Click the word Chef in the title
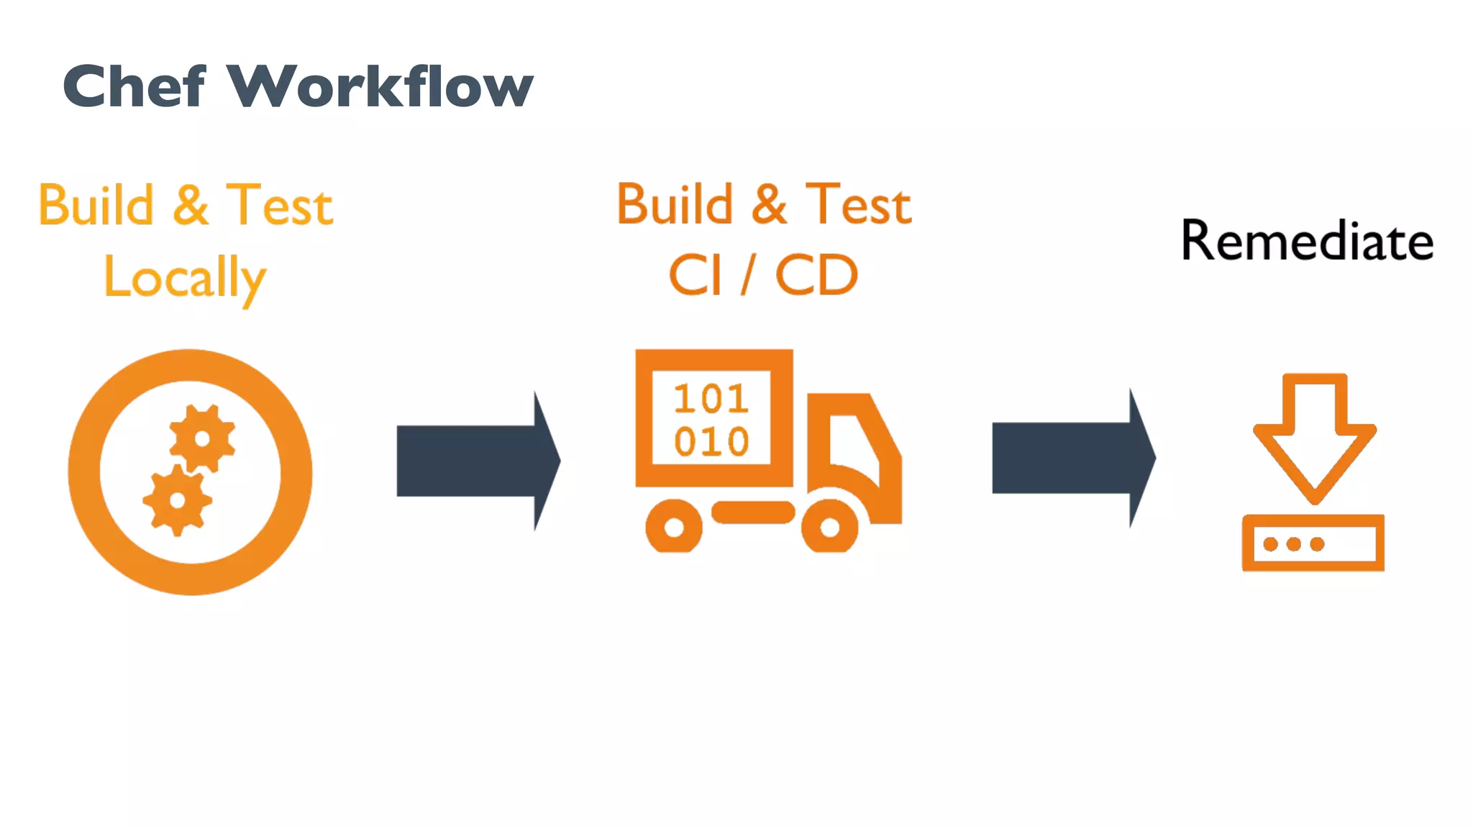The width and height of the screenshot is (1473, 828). pyautogui.click(x=134, y=86)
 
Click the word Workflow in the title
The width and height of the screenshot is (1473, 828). pyautogui.click(x=380, y=86)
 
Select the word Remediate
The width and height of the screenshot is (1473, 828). pyautogui.click(x=1307, y=241)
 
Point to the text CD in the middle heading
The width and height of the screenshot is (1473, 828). pyautogui.click(x=816, y=276)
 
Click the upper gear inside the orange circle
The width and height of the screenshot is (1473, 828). pyautogui.click(x=202, y=438)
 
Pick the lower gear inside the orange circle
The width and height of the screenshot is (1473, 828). pyautogui.click(x=177, y=500)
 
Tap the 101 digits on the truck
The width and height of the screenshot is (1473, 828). pyautogui.click(x=711, y=399)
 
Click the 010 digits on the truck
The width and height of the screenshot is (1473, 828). pyautogui.click(x=711, y=441)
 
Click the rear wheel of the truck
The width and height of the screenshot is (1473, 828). pyautogui.click(x=674, y=528)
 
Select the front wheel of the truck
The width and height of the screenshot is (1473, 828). pyautogui.click(x=829, y=528)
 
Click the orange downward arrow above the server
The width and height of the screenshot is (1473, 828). pyautogui.click(x=1314, y=438)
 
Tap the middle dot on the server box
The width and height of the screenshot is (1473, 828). pyautogui.click(x=1293, y=544)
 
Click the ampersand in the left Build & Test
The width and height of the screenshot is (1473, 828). pyautogui.click(x=191, y=206)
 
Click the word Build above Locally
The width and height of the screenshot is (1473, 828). pyautogui.click(x=96, y=206)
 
